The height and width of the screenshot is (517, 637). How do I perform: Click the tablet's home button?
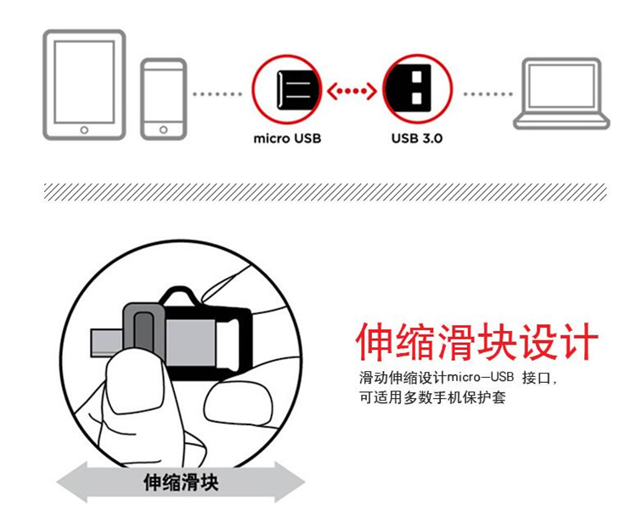(84, 131)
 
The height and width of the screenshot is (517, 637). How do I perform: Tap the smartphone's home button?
(163, 130)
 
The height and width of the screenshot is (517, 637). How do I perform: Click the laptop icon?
(561, 94)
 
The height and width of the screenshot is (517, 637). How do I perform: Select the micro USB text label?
(287, 139)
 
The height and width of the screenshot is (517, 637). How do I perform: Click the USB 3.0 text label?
(417, 139)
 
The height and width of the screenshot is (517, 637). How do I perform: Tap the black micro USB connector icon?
(297, 90)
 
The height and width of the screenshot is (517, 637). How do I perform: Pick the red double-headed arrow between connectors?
(352, 92)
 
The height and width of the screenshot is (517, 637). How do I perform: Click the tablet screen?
(84, 81)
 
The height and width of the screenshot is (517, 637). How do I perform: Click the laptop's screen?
(561, 86)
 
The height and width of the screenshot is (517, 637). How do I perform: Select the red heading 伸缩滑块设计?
(477, 342)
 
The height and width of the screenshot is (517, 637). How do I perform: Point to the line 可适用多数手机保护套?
(432, 397)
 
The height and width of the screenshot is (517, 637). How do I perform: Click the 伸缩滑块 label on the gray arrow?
(181, 482)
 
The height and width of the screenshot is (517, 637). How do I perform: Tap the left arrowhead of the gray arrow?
(72, 482)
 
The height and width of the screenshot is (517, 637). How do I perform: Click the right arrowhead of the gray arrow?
(290, 482)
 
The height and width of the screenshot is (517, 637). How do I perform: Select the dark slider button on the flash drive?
(144, 331)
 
